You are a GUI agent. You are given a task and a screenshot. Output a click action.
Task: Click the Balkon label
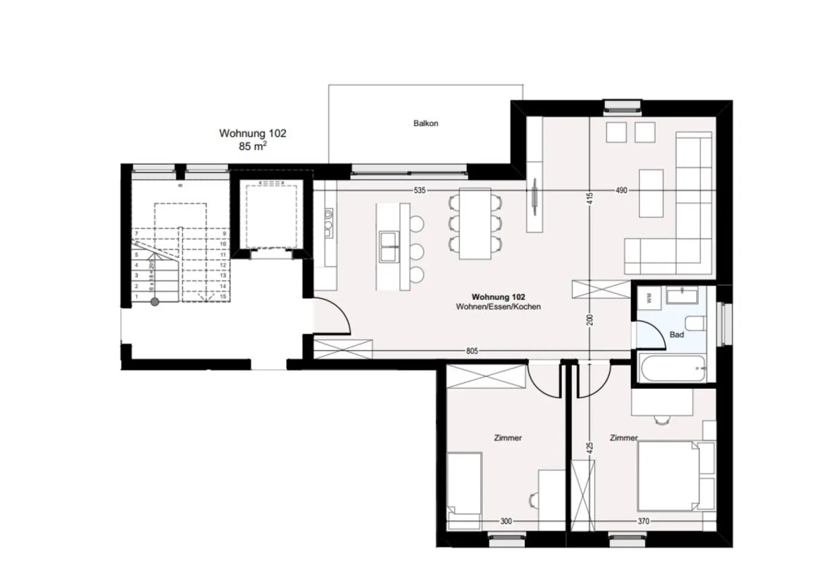pyautogui.click(x=426, y=123)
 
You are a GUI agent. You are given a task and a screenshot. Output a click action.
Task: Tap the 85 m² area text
pyautogui.click(x=252, y=147)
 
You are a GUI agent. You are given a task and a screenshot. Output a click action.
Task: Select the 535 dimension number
pyautogui.click(x=419, y=190)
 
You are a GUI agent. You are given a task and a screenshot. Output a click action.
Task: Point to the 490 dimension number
pyautogui.click(x=621, y=190)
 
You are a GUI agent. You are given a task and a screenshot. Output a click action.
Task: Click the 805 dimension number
pyautogui.click(x=472, y=351)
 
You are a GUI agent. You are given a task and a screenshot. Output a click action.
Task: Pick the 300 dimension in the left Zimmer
pyautogui.click(x=506, y=521)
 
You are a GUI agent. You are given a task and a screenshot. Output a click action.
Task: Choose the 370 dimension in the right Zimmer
pyautogui.click(x=643, y=521)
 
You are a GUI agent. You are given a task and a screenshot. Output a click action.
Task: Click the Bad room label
pyautogui.click(x=676, y=335)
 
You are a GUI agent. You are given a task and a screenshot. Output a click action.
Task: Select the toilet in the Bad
pyautogui.click(x=694, y=323)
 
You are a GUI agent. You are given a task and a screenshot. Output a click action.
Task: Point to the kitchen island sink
pyautogui.click(x=389, y=246)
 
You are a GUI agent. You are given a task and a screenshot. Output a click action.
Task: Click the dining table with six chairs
pyautogui.click(x=475, y=224)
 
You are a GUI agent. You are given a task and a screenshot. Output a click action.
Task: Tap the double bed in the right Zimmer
pyautogui.click(x=667, y=476)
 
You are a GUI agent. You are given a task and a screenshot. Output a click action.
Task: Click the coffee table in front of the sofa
pyautogui.click(x=651, y=193)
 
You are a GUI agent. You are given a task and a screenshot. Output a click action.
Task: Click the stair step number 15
pyautogui.click(x=223, y=296)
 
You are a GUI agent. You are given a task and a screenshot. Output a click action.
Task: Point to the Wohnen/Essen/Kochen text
pyautogui.click(x=498, y=307)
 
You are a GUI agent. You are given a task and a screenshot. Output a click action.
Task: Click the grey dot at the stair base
pyautogui.click(x=154, y=302)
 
